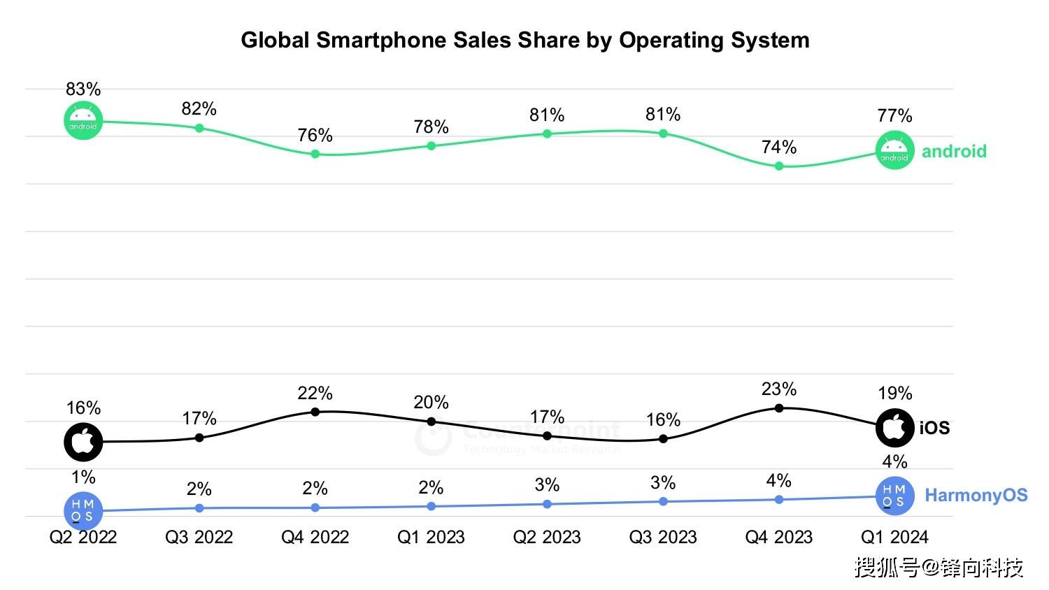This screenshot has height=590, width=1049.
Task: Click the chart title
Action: click(x=525, y=40)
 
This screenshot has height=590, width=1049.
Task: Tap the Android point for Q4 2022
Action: click(x=315, y=154)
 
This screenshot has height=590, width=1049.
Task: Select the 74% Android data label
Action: click(x=779, y=147)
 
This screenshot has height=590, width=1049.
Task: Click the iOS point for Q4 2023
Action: click(x=779, y=408)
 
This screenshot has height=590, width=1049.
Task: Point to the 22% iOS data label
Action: click(x=315, y=393)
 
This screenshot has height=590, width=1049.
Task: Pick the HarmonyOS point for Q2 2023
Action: click(x=548, y=504)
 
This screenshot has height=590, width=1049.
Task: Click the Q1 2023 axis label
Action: click(x=431, y=537)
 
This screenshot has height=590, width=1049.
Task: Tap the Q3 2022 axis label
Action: click(x=199, y=537)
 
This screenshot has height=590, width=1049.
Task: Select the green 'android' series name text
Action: click(x=954, y=151)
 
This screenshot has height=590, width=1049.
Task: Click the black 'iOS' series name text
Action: click(x=934, y=428)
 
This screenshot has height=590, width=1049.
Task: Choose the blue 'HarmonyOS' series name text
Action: click(x=976, y=495)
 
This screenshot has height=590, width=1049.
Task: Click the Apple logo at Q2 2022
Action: click(x=83, y=442)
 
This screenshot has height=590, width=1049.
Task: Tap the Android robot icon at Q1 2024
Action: click(x=894, y=150)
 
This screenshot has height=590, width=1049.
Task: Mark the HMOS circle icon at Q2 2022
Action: click(x=83, y=511)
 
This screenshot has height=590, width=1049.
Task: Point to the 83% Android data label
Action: click(x=83, y=89)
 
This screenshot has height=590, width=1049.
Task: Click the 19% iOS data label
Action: click(x=895, y=393)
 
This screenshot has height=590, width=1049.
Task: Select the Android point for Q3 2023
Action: click(x=664, y=133)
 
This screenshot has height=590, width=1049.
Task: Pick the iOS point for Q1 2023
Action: click(x=431, y=422)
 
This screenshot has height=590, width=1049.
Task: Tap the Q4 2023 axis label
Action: click(x=779, y=537)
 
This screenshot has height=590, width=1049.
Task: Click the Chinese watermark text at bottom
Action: click(x=939, y=567)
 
